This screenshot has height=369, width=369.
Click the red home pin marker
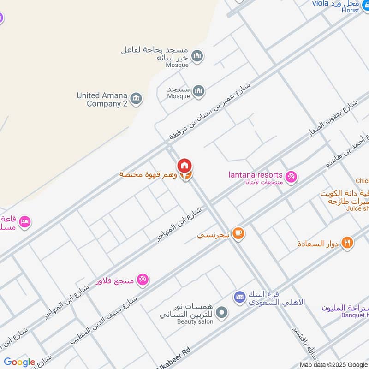coord(184,166)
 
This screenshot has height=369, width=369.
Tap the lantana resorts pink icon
coord(291,176)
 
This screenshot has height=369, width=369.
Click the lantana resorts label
coord(256,175)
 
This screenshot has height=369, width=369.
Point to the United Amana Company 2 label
coord(102,99)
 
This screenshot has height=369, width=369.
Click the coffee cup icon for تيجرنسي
coord(238,234)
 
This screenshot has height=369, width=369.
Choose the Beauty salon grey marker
coord(222,313)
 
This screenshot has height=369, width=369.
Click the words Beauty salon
coord(195,321)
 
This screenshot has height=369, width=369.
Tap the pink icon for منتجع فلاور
coord(143,280)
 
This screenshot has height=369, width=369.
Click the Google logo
coord(19,362)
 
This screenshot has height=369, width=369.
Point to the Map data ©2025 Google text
coord(333,364)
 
